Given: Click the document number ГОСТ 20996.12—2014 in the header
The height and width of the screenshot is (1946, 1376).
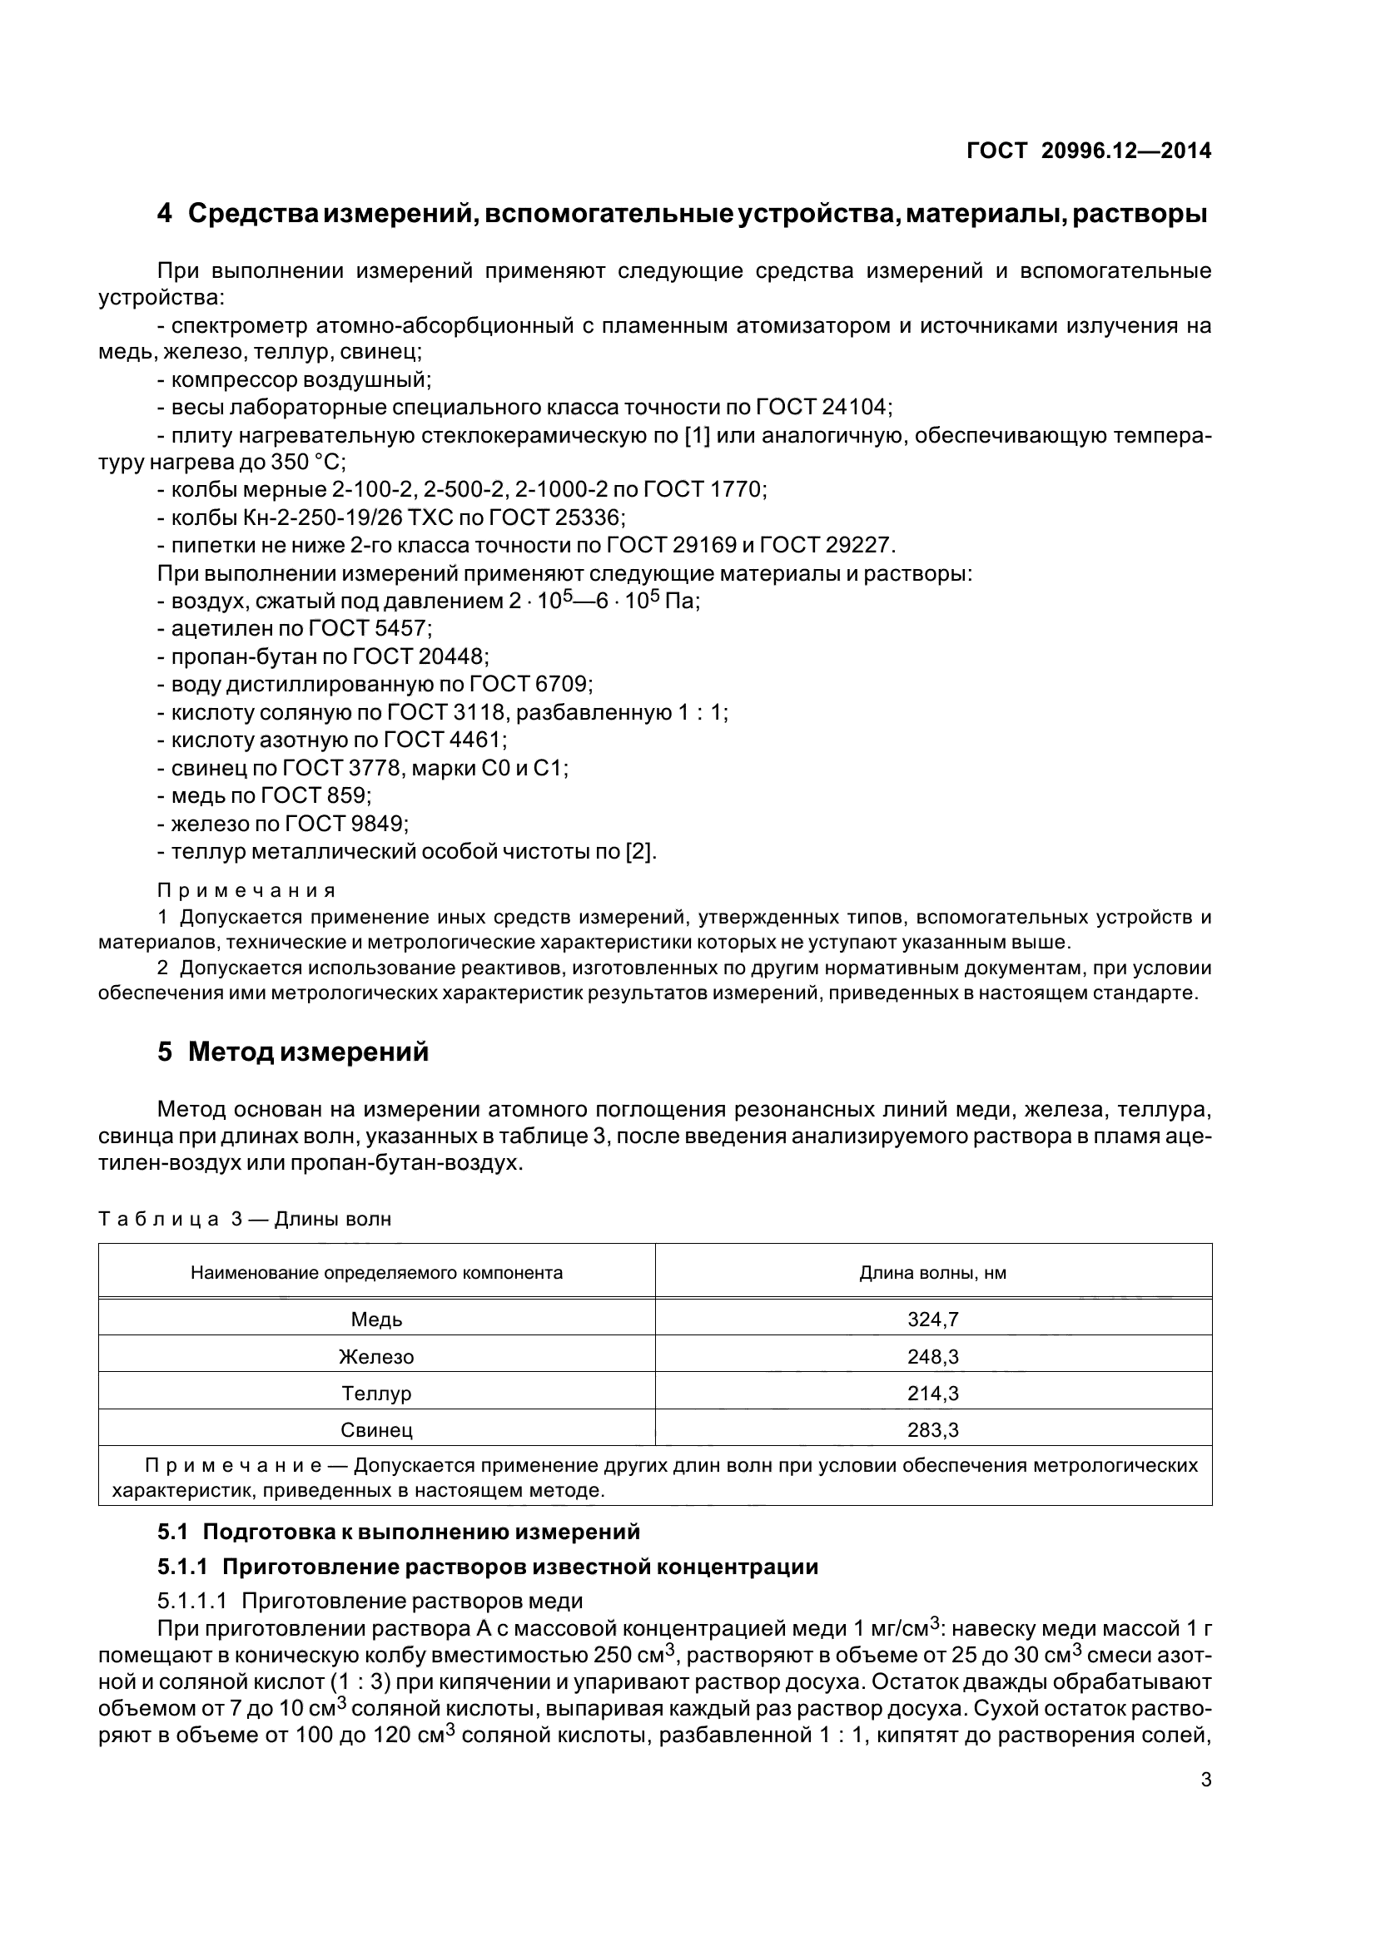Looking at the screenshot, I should pos(1089,151).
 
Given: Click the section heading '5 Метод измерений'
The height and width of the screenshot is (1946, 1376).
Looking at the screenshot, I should pos(293,1052).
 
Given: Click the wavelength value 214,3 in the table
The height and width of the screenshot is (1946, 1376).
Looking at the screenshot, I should pos(932,1394).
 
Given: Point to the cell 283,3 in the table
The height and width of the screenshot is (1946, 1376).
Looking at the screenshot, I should pos(932,1431).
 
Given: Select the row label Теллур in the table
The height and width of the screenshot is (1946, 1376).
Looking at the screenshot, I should pos(376,1394).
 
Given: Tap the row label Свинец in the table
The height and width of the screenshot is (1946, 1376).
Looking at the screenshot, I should pos(376,1431).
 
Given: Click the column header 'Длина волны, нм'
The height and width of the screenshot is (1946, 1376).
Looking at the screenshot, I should pos(932,1273).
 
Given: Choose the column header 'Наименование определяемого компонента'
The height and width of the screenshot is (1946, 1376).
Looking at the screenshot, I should pos(376,1273).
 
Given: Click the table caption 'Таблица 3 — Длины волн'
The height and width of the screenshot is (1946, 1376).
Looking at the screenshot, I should pos(245,1220).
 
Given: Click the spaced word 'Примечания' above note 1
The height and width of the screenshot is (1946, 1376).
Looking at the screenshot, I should pos(246,891).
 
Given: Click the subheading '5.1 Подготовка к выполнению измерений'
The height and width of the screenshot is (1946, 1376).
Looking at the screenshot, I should pos(399,1533).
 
